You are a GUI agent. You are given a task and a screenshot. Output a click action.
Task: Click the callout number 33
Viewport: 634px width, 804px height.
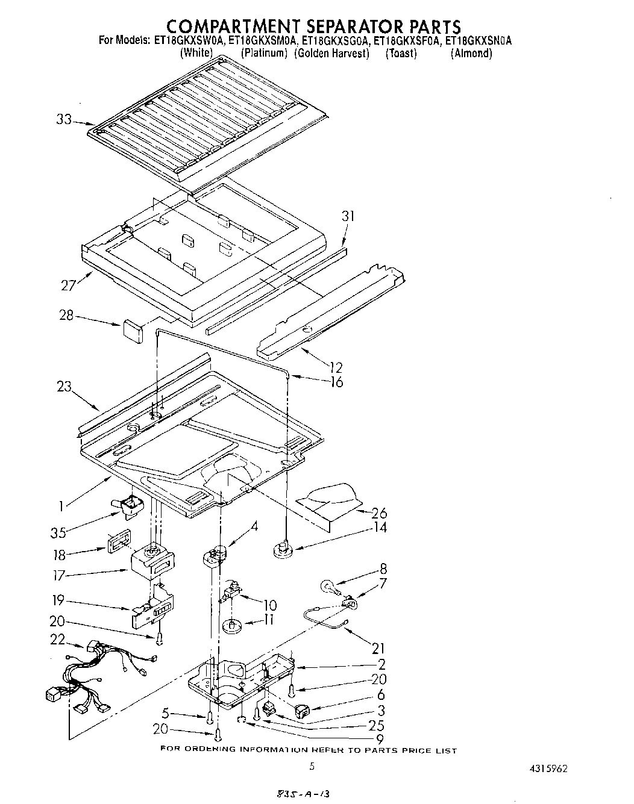pos(63,120)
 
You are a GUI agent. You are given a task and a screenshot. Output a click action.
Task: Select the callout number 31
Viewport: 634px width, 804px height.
pos(348,216)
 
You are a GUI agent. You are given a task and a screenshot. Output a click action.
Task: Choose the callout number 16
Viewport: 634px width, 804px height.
pos(336,382)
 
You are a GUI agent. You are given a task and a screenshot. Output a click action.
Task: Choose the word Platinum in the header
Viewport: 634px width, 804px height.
pos(264,53)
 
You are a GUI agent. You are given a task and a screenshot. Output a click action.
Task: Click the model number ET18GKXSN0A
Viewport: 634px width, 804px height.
pos(478,41)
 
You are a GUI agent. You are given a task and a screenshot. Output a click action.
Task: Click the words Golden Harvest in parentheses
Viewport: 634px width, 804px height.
pos(332,53)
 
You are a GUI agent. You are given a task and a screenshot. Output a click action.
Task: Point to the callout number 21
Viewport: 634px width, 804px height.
pos(378,648)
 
